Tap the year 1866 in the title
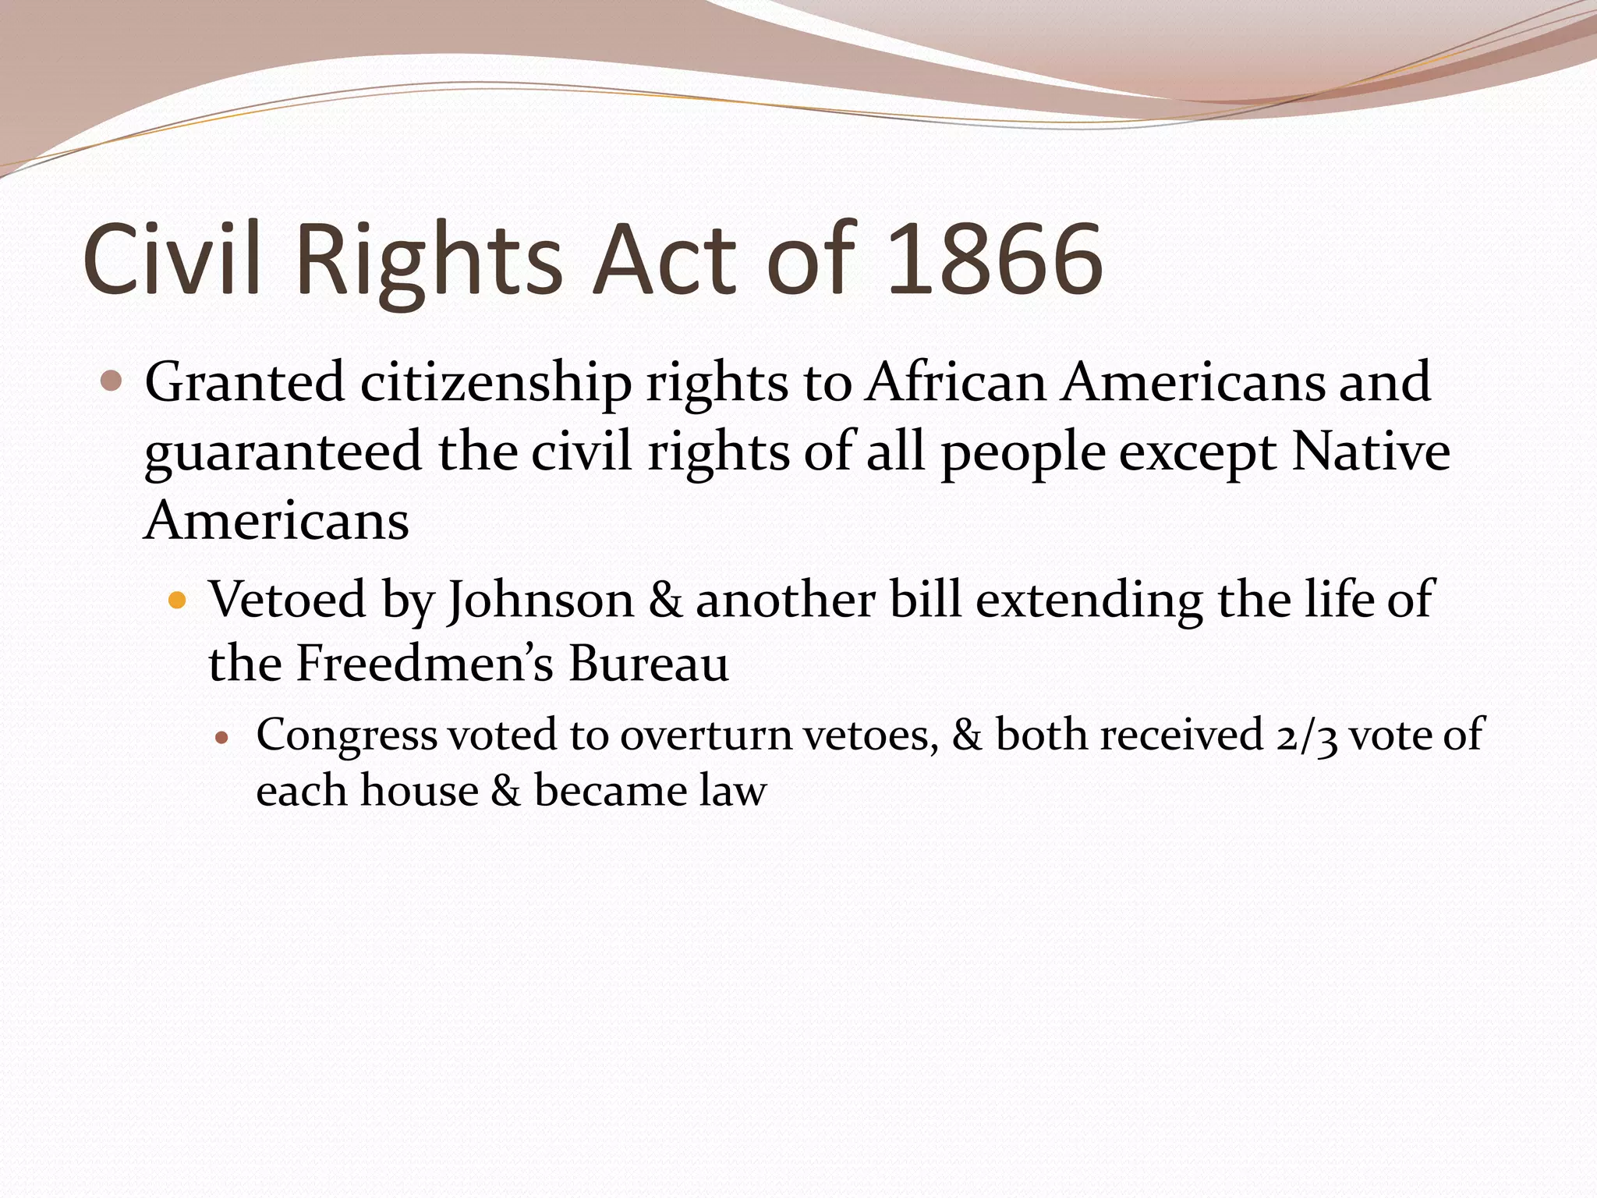[x=995, y=260]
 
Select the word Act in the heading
[x=664, y=260]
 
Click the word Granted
[x=244, y=382]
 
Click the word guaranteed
[x=283, y=453]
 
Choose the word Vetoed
[x=287, y=600]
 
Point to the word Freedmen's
[x=424, y=664]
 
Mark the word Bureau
[x=649, y=664]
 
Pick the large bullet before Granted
[x=112, y=381]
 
